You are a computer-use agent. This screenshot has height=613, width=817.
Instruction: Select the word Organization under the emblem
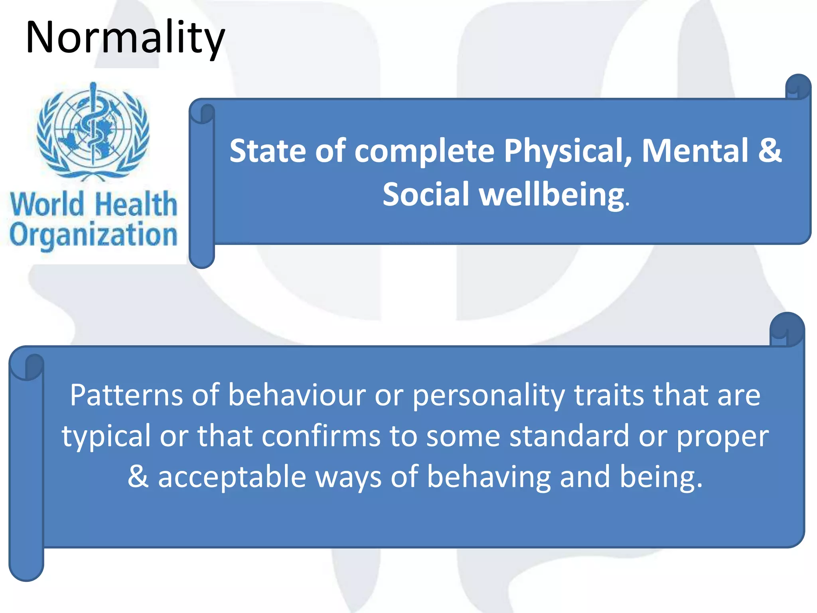tap(93, 235)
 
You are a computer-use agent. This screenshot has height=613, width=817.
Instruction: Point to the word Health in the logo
tap(136, 204)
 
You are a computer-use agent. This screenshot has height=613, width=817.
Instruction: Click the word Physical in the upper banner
tap(568, 151)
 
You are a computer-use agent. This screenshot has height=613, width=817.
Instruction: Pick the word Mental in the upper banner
tap(695, 150)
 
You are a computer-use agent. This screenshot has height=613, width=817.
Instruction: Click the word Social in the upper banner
tap(426, 194)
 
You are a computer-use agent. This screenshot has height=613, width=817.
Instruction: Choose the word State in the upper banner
tap(268, 151)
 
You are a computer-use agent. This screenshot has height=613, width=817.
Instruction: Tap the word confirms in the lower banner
tap(321, 436)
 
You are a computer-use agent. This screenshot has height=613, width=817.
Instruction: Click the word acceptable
tap(232, 477)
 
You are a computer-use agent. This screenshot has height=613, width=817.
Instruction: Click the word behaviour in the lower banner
tap(297, 395)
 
